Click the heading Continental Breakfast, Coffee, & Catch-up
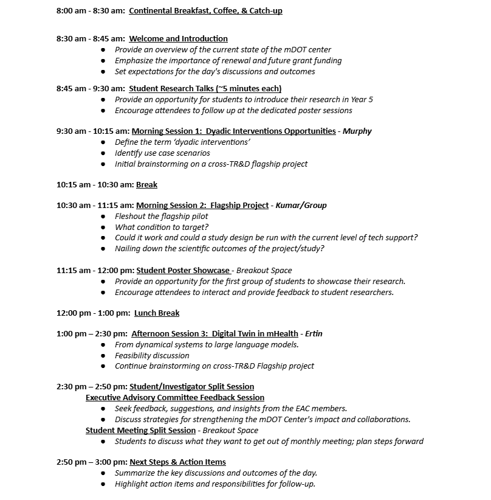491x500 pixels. [205, 11]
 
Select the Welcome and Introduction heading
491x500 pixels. [178, 39]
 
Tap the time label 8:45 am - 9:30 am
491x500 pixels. [91, 89]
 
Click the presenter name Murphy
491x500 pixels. [357, 131]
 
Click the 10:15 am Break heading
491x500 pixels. [146, 185]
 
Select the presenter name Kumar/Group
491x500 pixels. [301, 206]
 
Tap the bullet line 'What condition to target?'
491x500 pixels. [161, 227]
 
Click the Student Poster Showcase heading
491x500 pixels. [183, 271]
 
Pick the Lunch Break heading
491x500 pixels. [157, 313]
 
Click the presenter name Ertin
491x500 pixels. [314, 334]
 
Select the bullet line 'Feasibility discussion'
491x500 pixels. [152, 356]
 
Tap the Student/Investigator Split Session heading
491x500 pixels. [191, 387]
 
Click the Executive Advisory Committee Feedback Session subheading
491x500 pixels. [174, 398]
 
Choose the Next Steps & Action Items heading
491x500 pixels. [177, 462]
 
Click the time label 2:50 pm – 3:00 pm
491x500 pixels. [91, 462]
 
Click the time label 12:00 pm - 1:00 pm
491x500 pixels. [93, 313]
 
